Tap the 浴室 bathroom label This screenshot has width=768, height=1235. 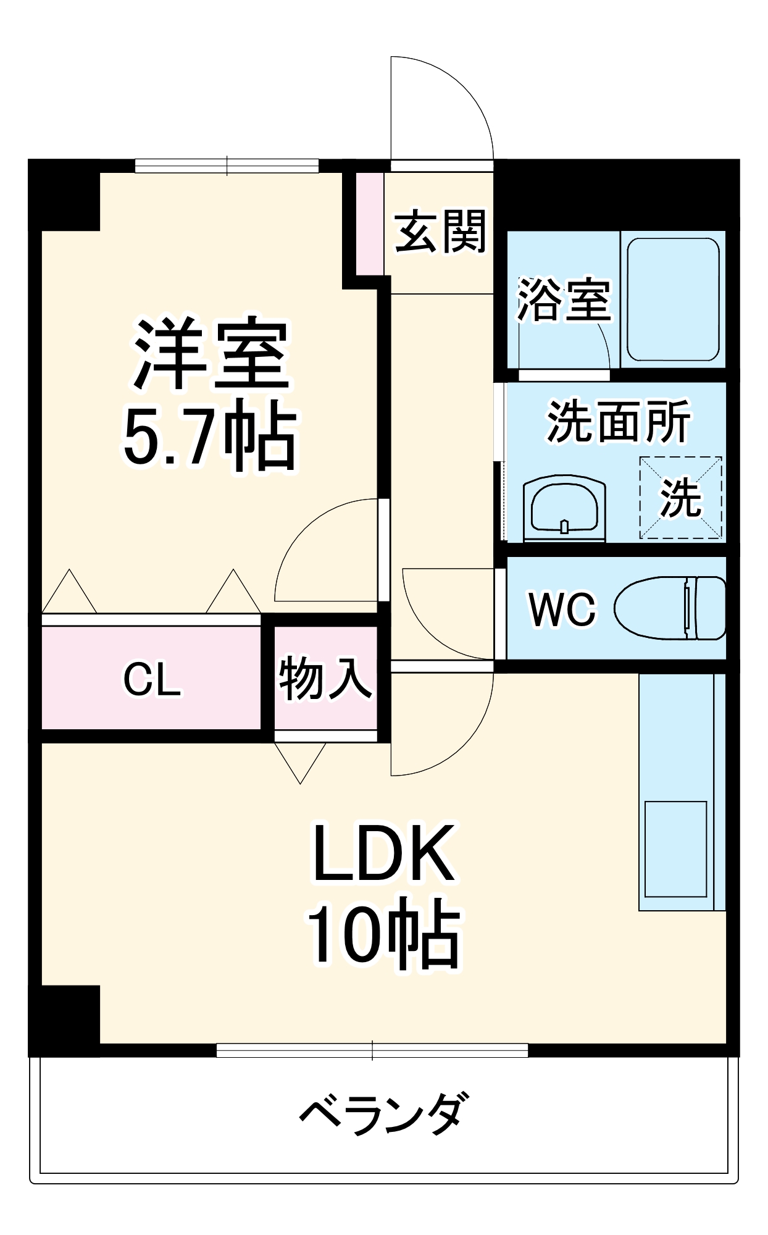(x=564, y=301)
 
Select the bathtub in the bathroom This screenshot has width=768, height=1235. (x=673, y=299)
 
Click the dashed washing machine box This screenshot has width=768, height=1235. (x=680, y=498)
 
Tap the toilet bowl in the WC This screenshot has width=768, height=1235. (x=670, y=608)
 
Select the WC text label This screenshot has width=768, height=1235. (x=562, y=609)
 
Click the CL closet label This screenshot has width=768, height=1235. (x=152, y=679)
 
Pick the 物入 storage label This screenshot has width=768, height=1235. (x=325, y=679)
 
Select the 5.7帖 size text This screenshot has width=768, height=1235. (x=210, y=437)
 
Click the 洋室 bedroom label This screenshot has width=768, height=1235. (x=210, y=354)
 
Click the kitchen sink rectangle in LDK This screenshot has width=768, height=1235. (x=675, y=848)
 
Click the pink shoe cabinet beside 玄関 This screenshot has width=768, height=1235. (x=370, y=224)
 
